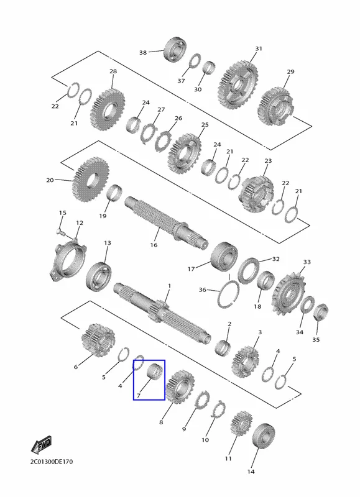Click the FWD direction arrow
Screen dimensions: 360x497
(42, 445)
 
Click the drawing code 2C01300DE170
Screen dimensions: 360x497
(52, 462)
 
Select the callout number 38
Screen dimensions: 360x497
(143, 52)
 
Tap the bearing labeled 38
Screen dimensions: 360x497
(175, 50)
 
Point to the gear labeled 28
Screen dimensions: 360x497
(108, 110)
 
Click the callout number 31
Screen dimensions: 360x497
(259, 48)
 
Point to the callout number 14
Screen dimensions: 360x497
(251, 472)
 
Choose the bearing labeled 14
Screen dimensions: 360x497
(264, 436)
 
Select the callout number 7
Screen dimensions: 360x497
(138, 396)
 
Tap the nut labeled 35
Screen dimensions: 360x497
(321, 312)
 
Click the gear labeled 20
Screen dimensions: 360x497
(91, 180)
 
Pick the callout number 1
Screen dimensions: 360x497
(169, 286)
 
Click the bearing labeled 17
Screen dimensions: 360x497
(224, 257)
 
